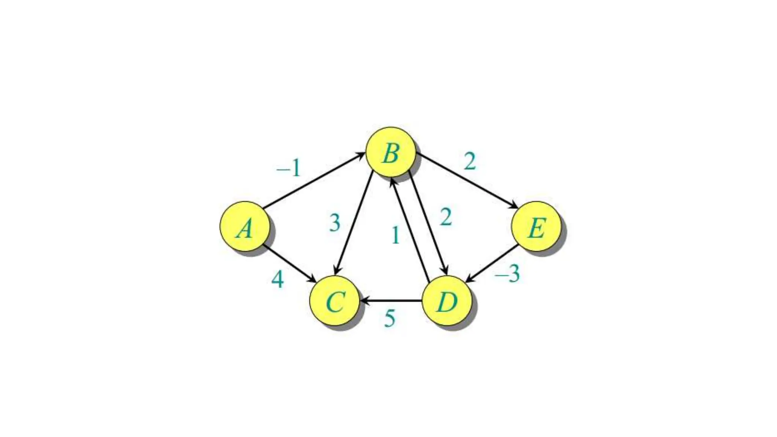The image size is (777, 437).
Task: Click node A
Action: (x=245, y=226)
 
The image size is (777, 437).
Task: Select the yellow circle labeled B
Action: (x=390, y=152)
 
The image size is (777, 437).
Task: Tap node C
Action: (x=334, y=300)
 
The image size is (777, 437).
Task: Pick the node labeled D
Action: (x=447, y=301)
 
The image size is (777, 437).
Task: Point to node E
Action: (x=536, y=226)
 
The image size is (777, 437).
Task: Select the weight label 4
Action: (x=278, y=280)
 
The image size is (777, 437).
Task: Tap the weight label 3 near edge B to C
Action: (x=335, y=223)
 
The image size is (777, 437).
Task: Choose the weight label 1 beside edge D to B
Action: (x=395, y=235)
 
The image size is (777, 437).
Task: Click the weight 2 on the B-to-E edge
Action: (x=470, y=162)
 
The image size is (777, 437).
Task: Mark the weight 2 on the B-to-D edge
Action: (x=446, y=217)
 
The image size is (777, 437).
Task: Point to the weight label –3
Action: (x=508, y=274)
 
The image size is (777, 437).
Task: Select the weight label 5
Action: (x=390, y=318)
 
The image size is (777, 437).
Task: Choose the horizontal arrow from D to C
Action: (x=391, y=301)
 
